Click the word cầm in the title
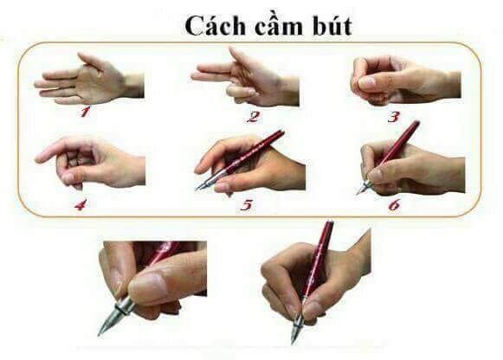tap(279, 25)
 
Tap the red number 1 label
tap(85, 112)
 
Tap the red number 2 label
tap(253, 117)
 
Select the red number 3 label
tap(394, 117)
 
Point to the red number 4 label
tap(81, 204)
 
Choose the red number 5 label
tap(247, 205)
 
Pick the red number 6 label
tap(394, 204)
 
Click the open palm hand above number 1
tap(87, 80)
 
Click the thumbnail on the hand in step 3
tap(367, 83)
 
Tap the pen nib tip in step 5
tap(196, 190)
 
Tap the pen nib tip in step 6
tap(358, 193)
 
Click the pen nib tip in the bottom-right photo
tap(293, 344)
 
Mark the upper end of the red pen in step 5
tap(281, 132)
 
